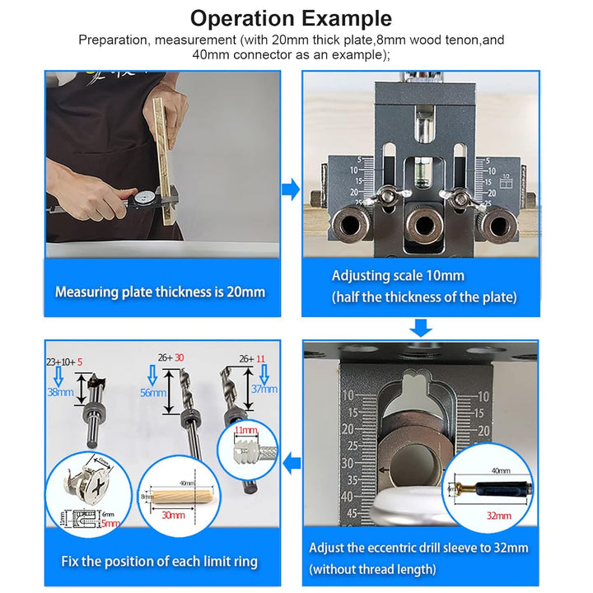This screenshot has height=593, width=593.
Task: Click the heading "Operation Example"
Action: coord(291,18)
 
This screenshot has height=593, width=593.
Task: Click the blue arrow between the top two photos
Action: coord(290,190)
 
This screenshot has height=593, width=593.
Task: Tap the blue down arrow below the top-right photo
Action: coord(421,328)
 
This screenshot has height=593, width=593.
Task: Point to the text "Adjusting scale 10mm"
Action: coord(398,276)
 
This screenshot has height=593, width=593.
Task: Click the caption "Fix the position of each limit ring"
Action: coord(159,562)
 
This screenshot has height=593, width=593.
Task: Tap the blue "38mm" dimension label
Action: coord(60,394)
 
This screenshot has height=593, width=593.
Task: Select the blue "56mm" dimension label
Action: coord(152,394)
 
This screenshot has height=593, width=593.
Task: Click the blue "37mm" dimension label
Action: coord(264,388)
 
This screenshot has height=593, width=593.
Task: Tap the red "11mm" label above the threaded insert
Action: coord(245,431)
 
